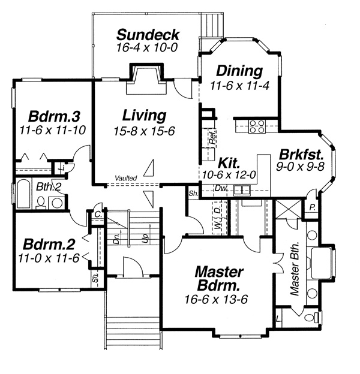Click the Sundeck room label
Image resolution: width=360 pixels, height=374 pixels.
(x=148, y=35)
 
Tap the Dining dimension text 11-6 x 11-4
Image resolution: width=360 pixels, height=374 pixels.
(x=239, y=86)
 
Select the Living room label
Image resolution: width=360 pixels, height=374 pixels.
(x=144, y=116)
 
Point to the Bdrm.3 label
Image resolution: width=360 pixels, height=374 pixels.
(x=54, y=116)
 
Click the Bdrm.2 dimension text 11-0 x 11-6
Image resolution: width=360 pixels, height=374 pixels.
(x=49, y=258)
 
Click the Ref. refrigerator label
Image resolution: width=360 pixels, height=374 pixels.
(x=213, y=137)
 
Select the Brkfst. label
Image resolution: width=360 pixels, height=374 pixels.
(x=301, y=154)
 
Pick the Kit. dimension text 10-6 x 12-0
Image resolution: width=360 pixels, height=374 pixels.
(x=229, y=175)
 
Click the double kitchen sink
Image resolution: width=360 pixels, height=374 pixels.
(x=242, y=191)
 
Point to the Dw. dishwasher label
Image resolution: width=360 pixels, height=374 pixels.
(x=221, y=188)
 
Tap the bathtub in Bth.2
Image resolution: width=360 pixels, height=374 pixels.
(x=23, y=194)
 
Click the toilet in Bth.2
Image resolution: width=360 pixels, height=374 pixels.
(x=41, y=203)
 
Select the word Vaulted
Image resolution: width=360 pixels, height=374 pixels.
(x=126, y=178)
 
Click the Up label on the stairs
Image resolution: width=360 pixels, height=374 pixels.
(x=145, y=237)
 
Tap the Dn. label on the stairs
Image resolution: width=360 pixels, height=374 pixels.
(x=116, y=239)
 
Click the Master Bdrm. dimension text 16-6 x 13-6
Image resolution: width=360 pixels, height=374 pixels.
(x=216, y=299)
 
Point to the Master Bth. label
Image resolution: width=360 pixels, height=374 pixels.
(x=295, y=269)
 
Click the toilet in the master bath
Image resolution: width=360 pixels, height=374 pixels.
(x=311, y=318)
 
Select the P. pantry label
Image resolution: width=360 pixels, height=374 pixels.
(x=312, y=208)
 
